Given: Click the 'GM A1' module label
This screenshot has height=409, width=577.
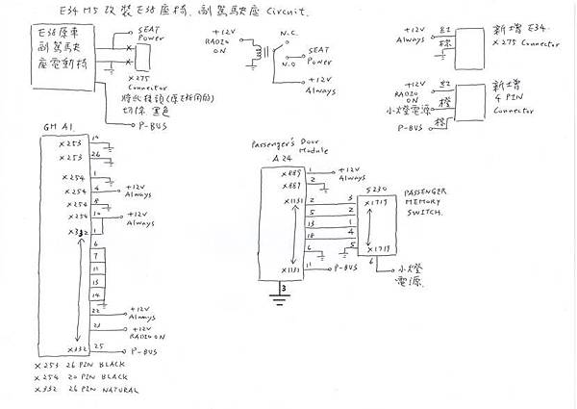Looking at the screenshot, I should (x=54, y=127).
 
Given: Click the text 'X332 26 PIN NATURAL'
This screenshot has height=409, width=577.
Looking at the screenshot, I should (x=86, y=392).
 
